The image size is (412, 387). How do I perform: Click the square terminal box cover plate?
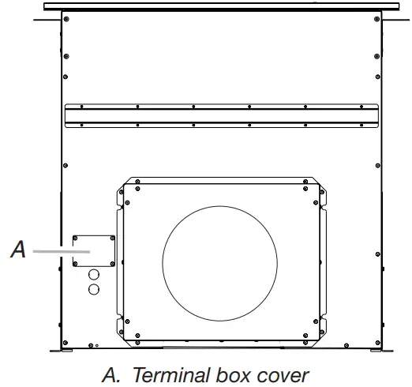(93, 252)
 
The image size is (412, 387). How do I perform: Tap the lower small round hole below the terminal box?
(94, 290)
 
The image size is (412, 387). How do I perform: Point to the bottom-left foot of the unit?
(66, 350)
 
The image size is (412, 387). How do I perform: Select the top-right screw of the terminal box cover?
(111, 237)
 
